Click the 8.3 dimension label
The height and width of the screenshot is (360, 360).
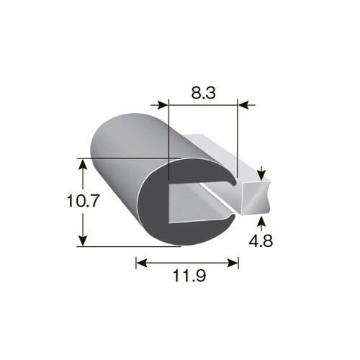point(203,93)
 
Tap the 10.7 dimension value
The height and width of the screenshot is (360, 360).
point(83,201)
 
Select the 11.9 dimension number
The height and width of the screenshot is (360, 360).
point(189,276)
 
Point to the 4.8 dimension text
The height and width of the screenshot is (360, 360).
point(261,240)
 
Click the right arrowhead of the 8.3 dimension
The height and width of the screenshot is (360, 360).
point(243,105)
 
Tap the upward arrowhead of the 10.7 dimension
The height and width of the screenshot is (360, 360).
point(83,164)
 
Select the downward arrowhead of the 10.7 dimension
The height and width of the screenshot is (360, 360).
point(83,240)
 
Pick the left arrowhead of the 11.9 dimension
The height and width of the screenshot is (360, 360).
point(142,263)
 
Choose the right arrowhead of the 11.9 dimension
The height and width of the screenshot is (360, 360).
point(233,263)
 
